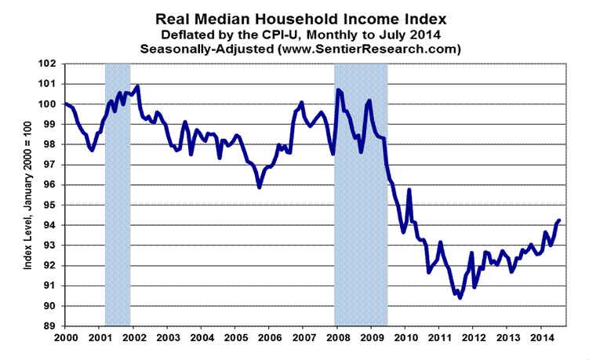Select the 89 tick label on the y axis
pyautogui.click(x=51, y=326)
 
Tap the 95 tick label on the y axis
pyautogui.click(x=51, y=205)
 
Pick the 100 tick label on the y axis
pyautogui.click(x=49, y=104)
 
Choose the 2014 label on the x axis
pyautogui.click(x=541, y=339)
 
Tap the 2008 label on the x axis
pyautogui.click(x=336, y=339)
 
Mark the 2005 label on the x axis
pyautogui.click(x=235, y=339)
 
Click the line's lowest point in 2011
pyautogui.click(x=460, y=298)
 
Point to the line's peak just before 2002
pyautogui.click(x=137, y=86)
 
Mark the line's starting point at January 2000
pyautogui.click(x=65, y=104)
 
